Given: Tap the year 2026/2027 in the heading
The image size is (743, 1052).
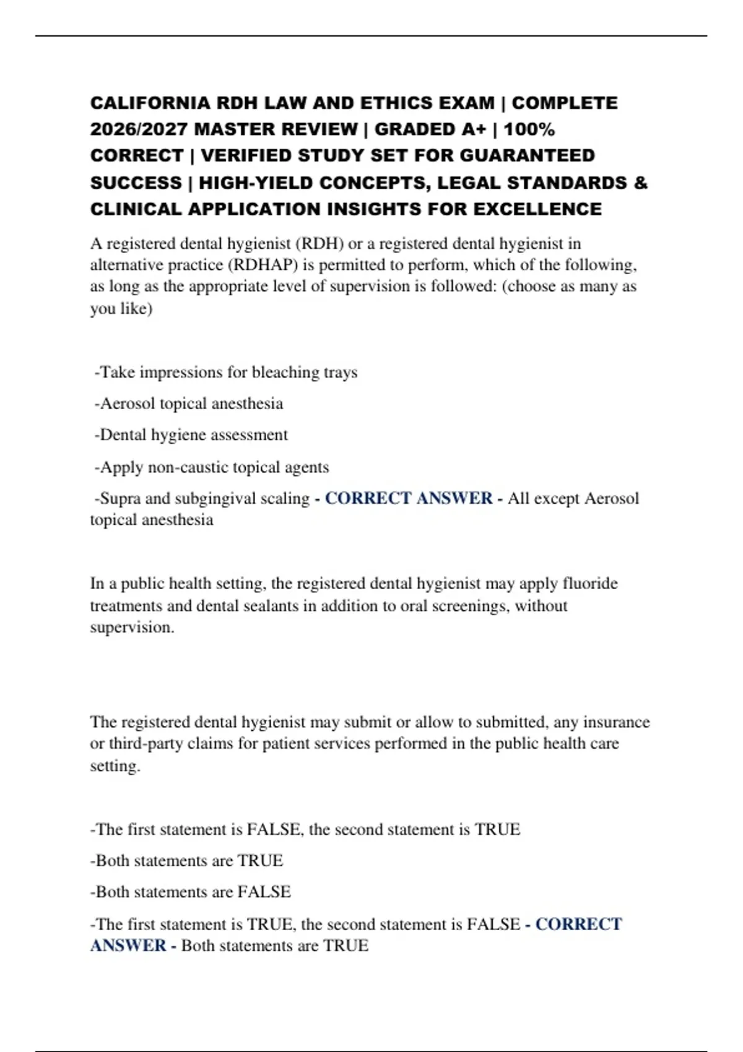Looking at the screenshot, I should tap(139, 129).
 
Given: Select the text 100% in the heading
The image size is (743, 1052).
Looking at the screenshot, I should tap(529, 129).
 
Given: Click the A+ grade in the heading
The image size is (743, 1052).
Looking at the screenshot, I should tap(474, 129).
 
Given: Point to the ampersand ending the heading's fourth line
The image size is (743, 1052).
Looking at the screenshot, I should tap(641, 183).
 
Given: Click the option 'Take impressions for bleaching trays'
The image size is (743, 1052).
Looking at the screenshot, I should tap(226, 373).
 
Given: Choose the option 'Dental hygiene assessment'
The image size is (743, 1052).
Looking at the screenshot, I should tap(191, 435).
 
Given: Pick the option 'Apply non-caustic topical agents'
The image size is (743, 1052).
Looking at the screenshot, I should tap(212, 467).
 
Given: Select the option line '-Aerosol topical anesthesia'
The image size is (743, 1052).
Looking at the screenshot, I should tap(189, 403).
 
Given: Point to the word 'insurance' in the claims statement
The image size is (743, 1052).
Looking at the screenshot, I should tap(616, 722).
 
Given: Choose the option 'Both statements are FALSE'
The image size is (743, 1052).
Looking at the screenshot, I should tap(191, 892).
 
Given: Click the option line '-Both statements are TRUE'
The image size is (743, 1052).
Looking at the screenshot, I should tap(186, 861).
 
